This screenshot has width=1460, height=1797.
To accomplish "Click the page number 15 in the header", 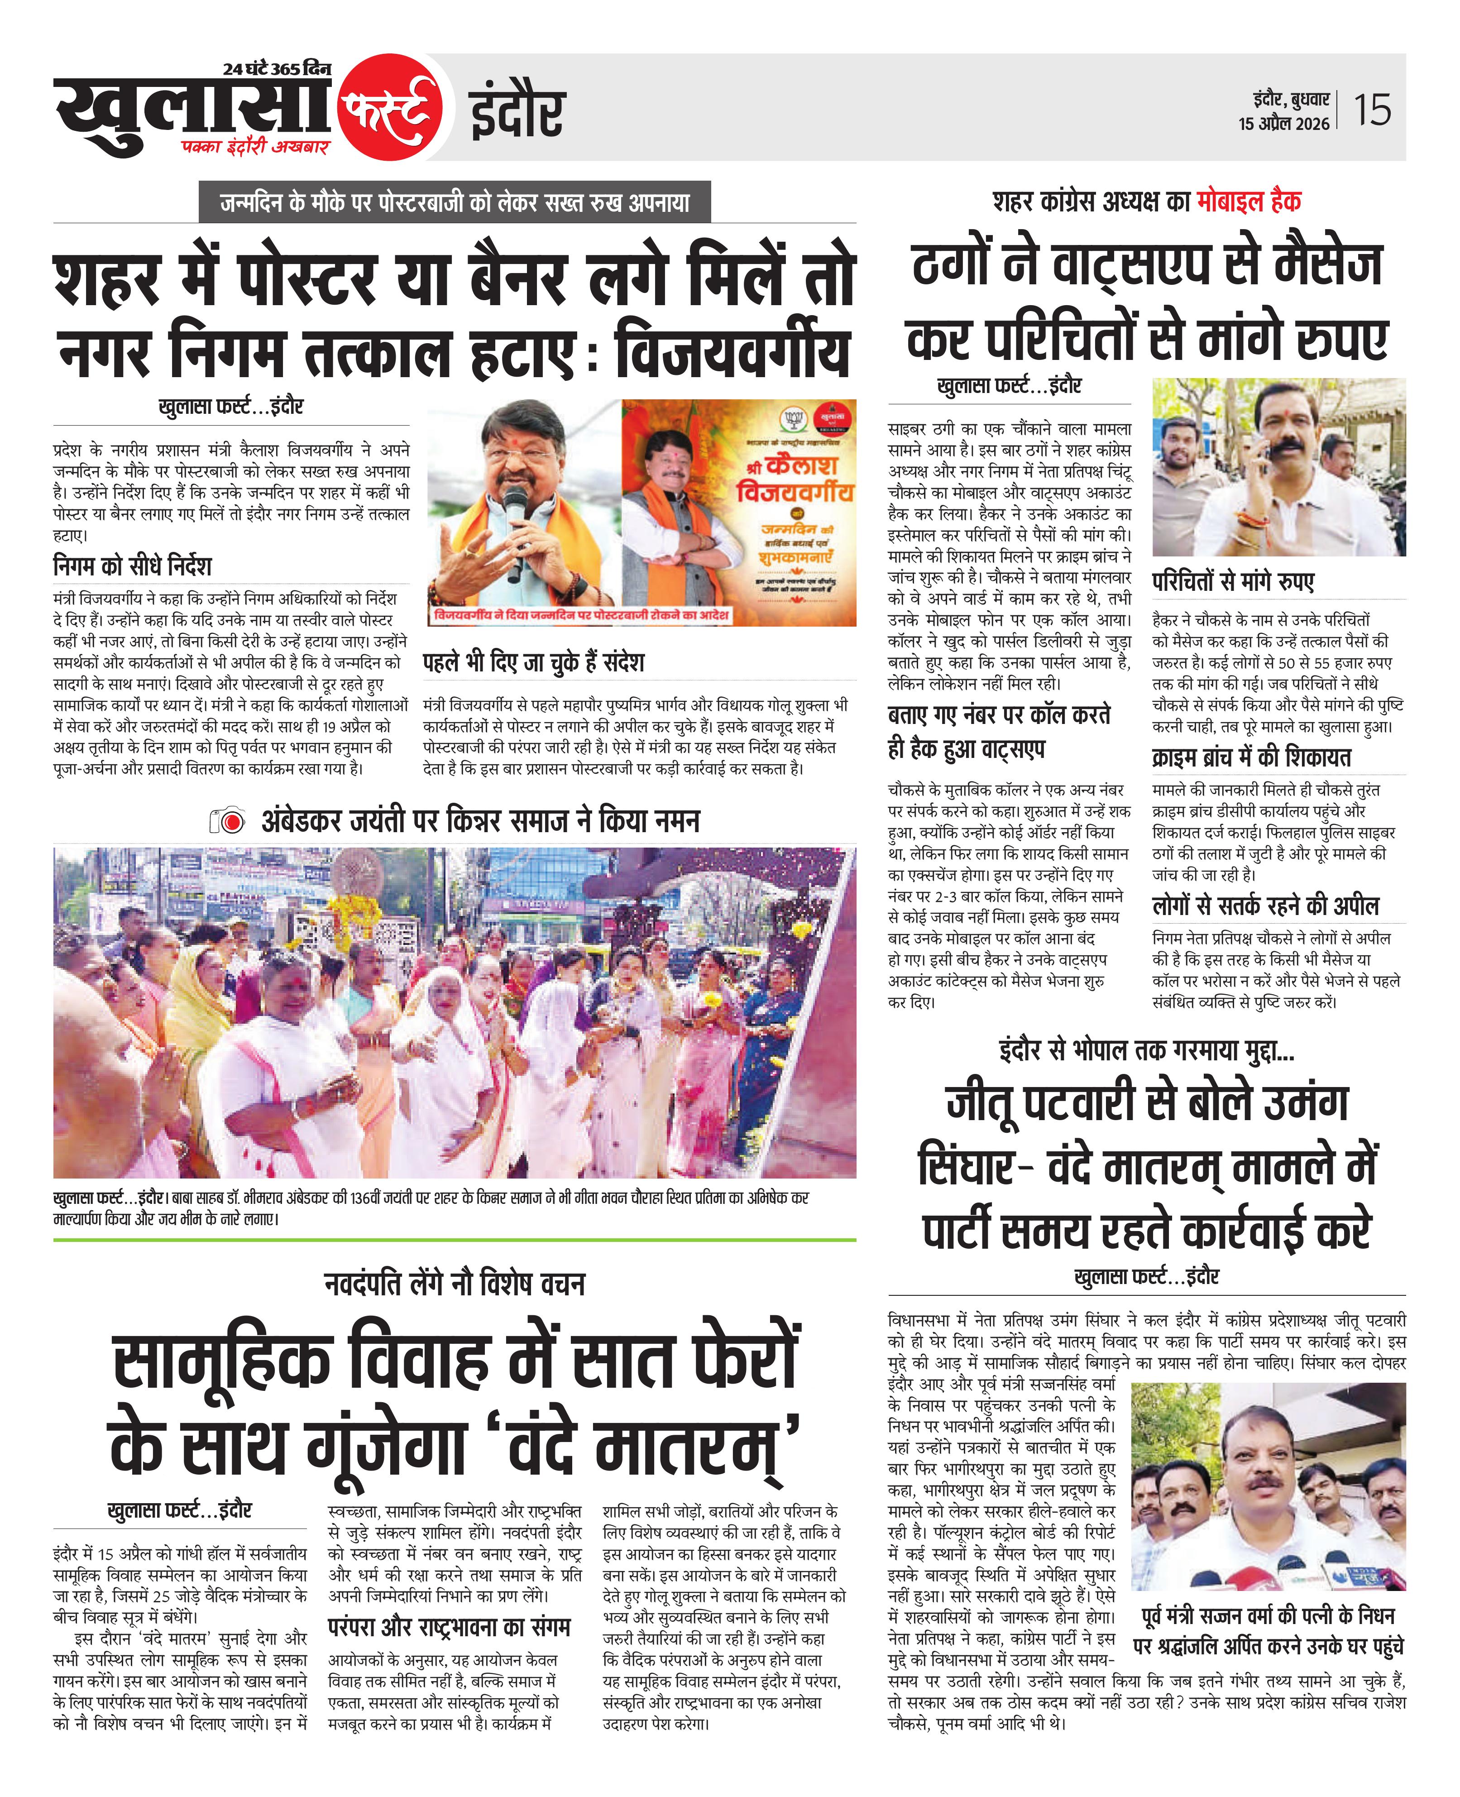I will click(x=1373, y=110).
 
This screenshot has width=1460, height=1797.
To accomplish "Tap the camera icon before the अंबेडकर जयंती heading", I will click(x=227, y=821).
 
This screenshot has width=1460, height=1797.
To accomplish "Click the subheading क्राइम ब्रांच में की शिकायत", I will click(x=1251, y=757).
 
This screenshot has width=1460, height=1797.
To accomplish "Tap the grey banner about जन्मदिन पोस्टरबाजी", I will click(x=454, y=203).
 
